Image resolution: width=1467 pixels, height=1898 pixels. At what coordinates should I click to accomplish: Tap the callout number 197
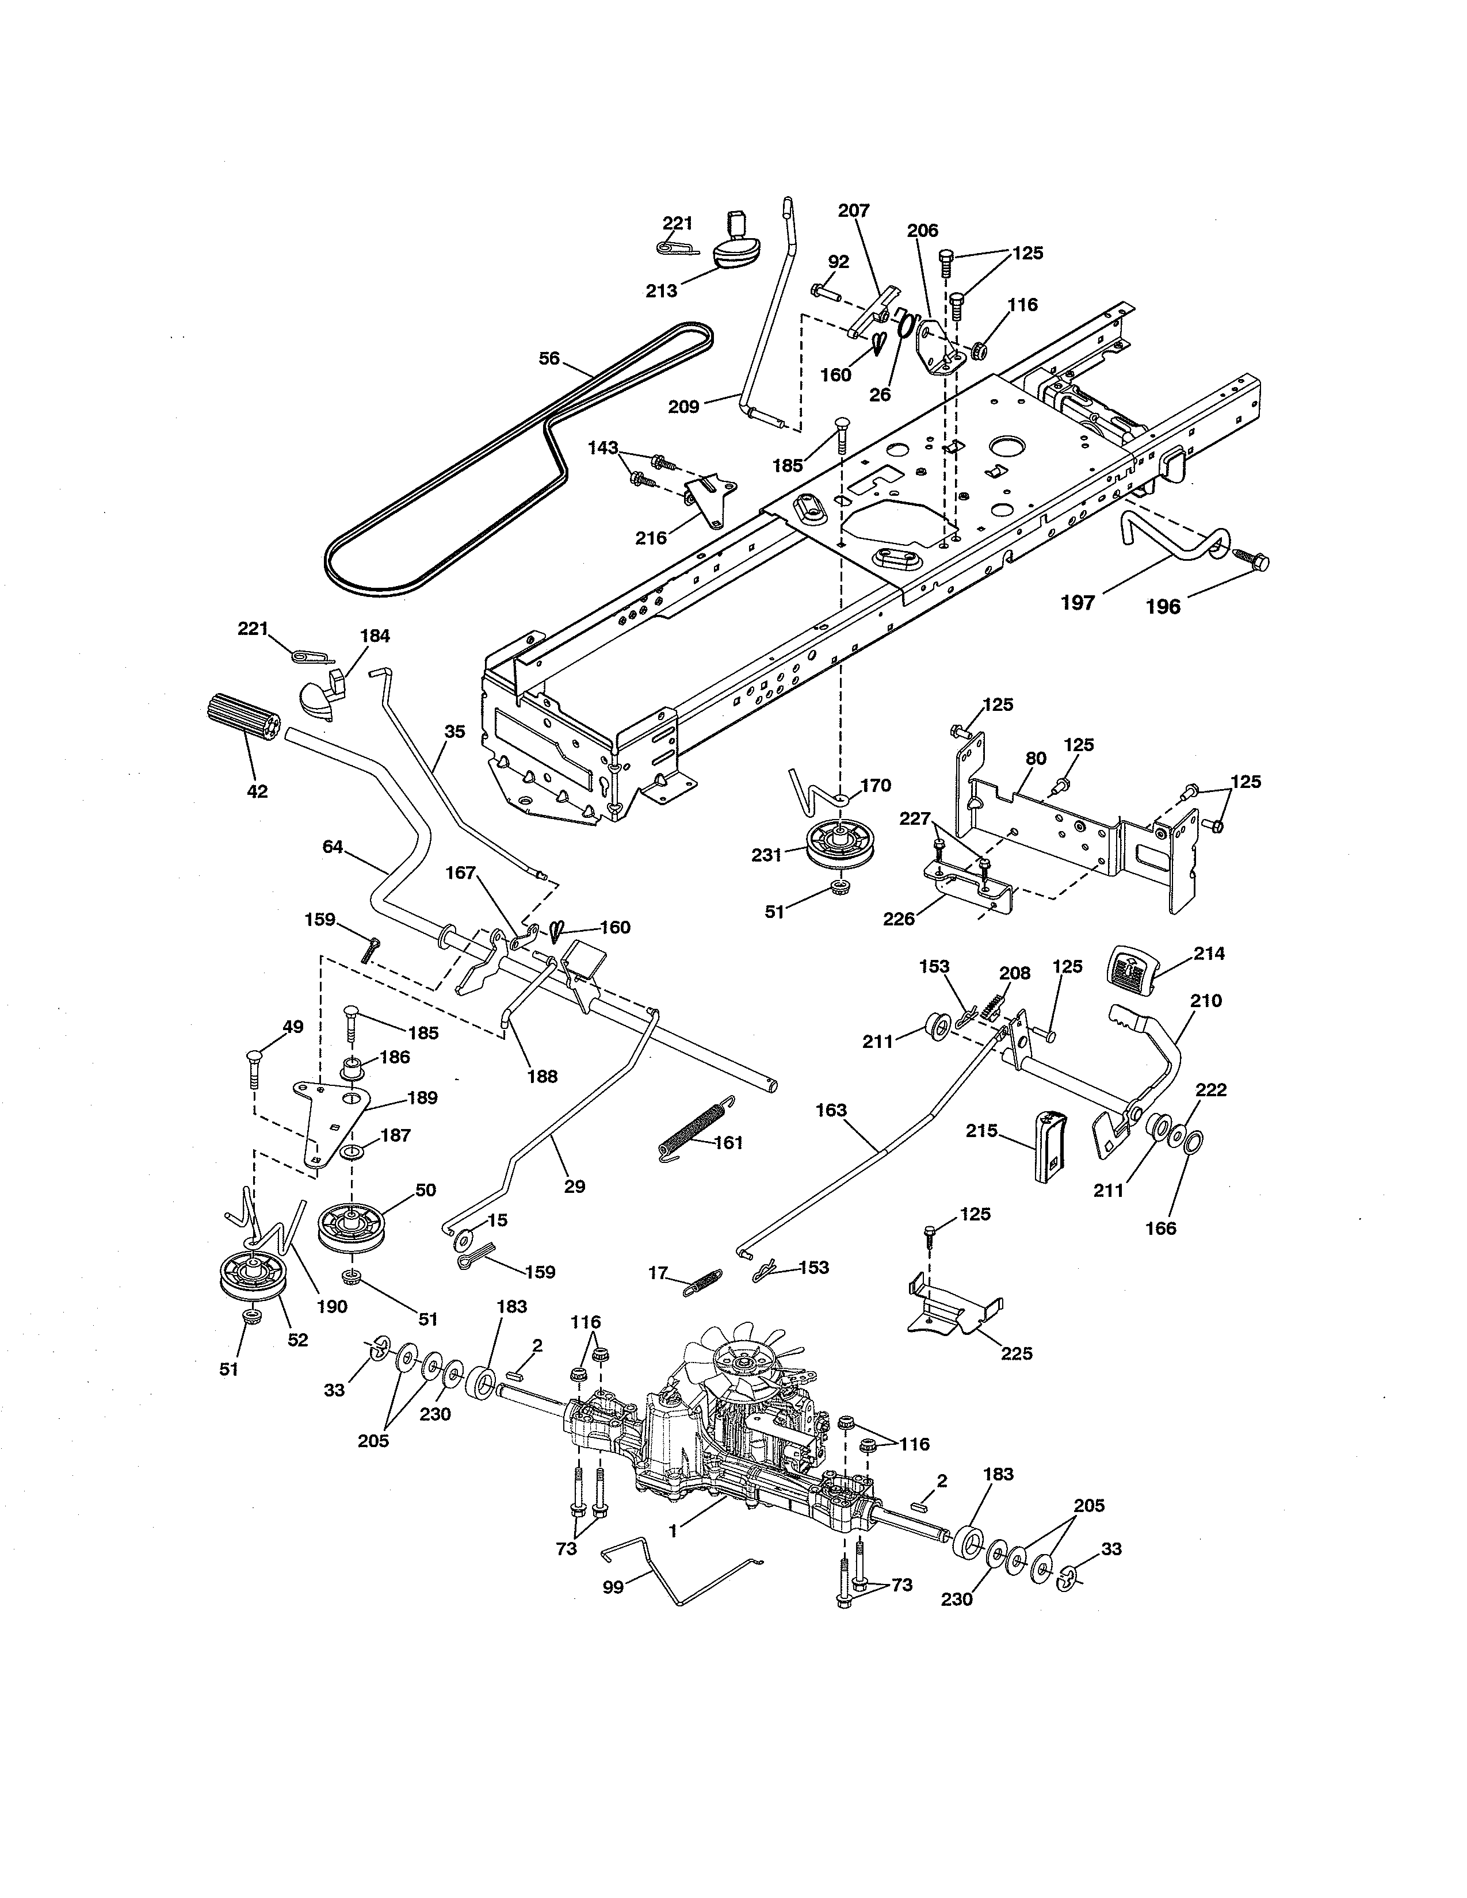[1078, 602]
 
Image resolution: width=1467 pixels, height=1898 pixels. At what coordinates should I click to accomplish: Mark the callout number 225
[1016, 1353]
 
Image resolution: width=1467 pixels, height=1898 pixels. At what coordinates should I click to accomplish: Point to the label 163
[831, 1110]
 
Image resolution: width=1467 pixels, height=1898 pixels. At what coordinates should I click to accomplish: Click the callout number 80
[1035, 758]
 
